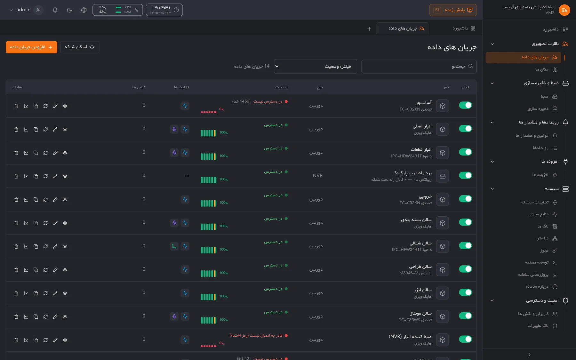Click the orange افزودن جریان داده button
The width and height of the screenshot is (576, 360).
(x=31, y=47)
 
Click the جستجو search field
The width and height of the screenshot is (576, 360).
(x=419, y=66)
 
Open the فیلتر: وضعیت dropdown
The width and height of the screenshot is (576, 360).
(x=315, y=66)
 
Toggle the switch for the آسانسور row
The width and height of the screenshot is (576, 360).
(x=465, y=105)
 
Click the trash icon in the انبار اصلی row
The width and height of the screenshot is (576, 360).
(x=16, y=130)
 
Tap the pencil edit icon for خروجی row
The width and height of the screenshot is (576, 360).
(x=55, y=200)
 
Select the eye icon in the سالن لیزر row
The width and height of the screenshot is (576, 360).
(x=65, y=293)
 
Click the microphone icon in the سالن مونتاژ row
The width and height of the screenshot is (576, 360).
(x=174, y=316)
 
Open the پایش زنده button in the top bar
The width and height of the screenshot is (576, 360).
(x=453, y=10)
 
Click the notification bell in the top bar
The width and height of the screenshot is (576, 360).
(x=55, y=10)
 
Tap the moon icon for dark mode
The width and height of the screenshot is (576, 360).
(x=69, y=10)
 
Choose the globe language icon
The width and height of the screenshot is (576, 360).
(x=84, y=10)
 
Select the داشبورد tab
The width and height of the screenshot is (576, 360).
(x=464, y=28)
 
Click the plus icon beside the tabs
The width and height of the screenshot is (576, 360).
(x=369, y=29)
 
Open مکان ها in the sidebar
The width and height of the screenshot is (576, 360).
(x=546, y=69)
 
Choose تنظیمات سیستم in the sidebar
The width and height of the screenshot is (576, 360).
(x=539, y=202)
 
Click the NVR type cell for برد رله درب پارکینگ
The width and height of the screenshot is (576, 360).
(x=318, y=176)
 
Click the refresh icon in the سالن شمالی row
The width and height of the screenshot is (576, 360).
(x=45, y=246)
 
